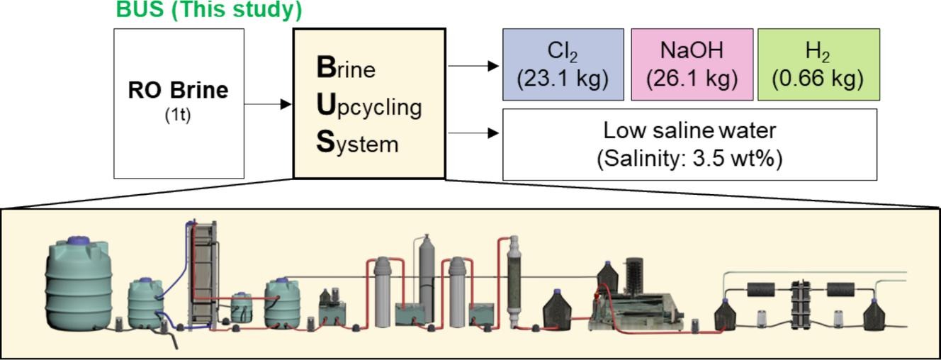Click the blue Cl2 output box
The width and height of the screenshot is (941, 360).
(563, 64)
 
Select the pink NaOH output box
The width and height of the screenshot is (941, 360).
(692, 64)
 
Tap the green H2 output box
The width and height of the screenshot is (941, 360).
(818, 64)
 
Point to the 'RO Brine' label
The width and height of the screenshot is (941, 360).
(179, 91)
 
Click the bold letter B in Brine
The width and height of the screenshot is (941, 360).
(326, 67)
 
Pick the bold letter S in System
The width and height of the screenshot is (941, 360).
(325, 142)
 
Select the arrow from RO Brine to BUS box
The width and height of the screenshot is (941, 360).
(269, 104)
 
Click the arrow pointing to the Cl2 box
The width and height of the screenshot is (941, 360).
(473, 66)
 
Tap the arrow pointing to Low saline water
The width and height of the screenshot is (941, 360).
(473, 133)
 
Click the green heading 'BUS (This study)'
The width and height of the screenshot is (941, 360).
(209, 10)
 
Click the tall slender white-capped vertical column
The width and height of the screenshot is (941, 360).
(515, 280)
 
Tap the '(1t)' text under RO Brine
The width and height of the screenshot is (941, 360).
(178, 115)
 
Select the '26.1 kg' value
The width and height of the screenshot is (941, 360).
(692, 78)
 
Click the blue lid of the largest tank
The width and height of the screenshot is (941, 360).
(78, 242)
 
